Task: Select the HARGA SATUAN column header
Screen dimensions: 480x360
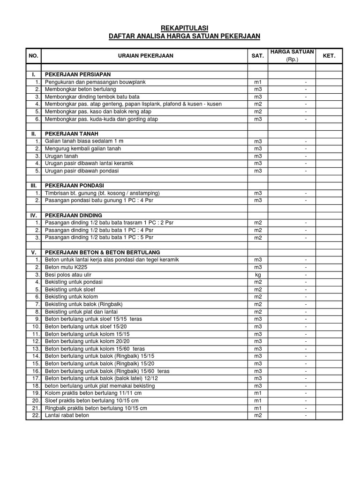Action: [292, 52]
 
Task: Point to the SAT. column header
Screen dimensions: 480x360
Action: [258, 56]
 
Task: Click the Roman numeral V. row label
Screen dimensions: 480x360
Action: [34, 252]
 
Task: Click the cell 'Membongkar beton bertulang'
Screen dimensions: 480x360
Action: [80, 89]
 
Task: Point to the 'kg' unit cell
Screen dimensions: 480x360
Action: [258, 275]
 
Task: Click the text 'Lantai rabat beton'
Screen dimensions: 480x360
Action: [67, 415]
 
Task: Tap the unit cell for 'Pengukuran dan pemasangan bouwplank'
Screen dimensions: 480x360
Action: [258, 82]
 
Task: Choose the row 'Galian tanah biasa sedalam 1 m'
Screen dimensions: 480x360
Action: [84, 141]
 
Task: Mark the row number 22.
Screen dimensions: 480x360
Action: [36, 415]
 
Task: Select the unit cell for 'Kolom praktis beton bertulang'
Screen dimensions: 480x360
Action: [258, 393]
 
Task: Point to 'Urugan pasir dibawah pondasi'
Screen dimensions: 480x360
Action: [82, 171]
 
